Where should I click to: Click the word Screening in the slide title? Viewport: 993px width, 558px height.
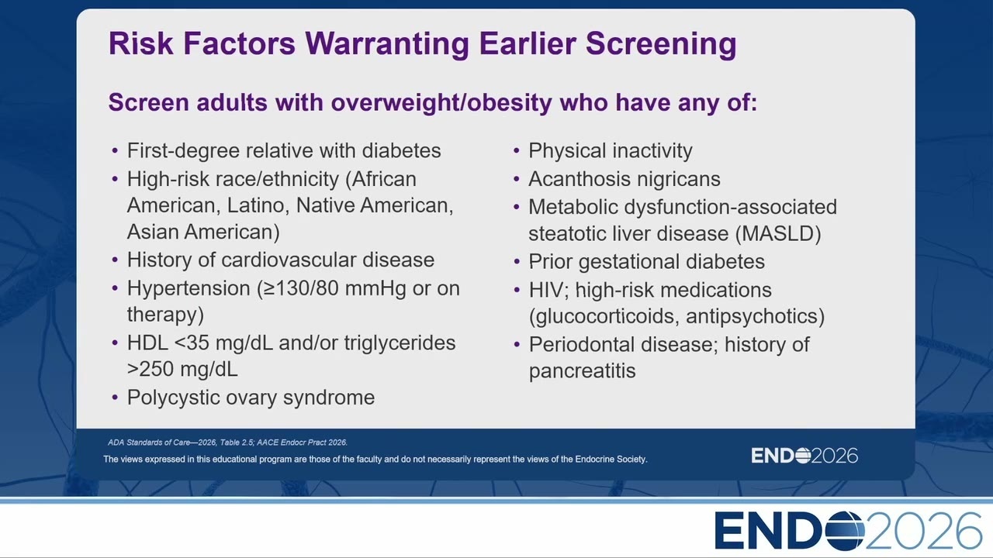click(x=661, y=44)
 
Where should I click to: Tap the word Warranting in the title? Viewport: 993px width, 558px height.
click(x=387, y=44)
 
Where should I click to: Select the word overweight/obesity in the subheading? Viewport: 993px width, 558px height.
click(x=441, y=103)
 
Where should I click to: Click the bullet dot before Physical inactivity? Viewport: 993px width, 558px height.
click(x=517, y=151)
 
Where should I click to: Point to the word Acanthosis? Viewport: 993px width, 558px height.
click(x=573, y=179)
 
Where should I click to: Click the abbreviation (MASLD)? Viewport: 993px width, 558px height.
click(x=778, y=233)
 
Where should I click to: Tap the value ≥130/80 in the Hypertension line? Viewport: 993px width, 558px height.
click(x=299, y=288)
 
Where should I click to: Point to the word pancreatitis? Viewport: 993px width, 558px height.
click(x=582, y=371)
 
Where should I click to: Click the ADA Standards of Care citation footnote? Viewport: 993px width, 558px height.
click(x=227, y=443)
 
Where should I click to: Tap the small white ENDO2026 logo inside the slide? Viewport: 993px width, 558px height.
click(x=804, y=456)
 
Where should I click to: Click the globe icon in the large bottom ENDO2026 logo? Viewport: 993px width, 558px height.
click(x=845, y=531)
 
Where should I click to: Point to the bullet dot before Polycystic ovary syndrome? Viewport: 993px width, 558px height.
click(x=116, y=398)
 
